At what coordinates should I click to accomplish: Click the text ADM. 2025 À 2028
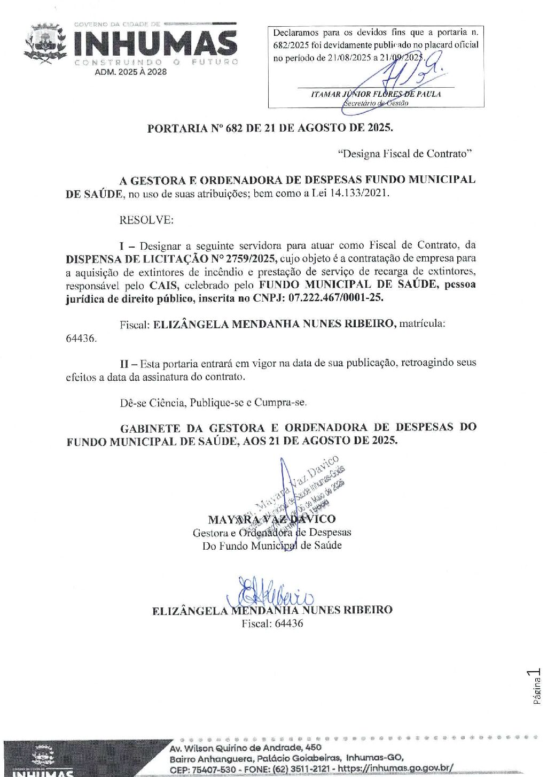[131, 72]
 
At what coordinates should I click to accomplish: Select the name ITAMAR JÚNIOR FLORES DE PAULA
[376, 94]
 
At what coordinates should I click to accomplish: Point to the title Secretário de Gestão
[376, 103]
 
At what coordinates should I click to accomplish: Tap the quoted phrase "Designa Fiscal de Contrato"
[405, 154]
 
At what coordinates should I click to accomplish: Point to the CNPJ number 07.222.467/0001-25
[335, 298]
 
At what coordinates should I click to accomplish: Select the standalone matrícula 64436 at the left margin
[81, 339]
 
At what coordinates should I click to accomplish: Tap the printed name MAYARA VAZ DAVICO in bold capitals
[271, 519]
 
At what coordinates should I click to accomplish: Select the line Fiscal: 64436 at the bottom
[272, 624]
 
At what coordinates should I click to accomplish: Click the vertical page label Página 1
[537, 686]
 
